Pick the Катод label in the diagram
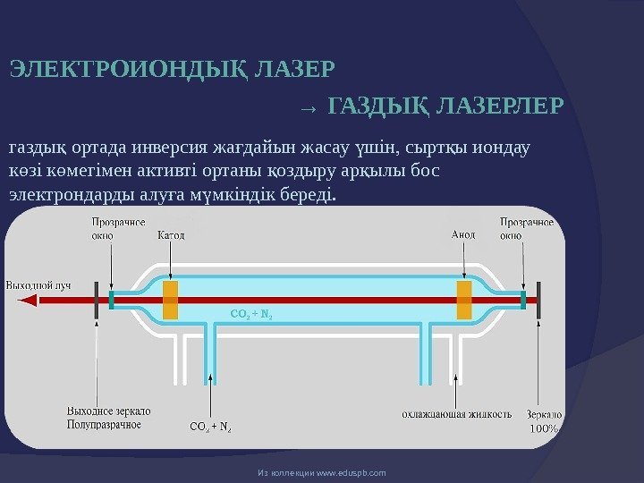pos(171,235)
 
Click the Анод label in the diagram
pos(463,235)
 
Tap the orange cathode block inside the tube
pos(171,299)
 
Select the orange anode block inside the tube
pos(463,299)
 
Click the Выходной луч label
pos(38,285)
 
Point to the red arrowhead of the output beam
pos(27,301)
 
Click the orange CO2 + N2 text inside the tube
pos(251,314)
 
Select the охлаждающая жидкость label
pos(456,414)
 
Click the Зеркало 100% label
pos(543,421)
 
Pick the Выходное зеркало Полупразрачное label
pos(108,418)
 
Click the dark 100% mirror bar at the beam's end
pos(538,300)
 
